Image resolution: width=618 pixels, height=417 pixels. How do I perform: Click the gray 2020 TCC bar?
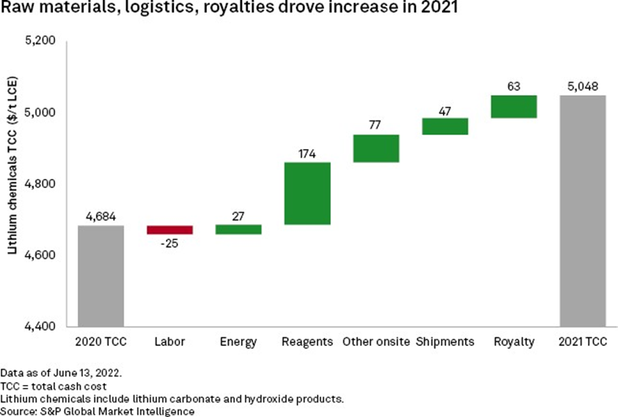point(101,276)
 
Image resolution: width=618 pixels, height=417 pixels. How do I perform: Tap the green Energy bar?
point(238,229)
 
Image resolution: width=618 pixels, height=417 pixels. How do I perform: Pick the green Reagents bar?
point(307,194)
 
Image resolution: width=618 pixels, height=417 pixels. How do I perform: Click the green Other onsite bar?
point(376,148)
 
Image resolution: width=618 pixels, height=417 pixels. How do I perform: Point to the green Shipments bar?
point(445,126)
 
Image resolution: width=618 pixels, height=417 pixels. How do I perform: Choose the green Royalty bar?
point(514,107)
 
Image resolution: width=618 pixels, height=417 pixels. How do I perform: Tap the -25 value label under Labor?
point(170,244)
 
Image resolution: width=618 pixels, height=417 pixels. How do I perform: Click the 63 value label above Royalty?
point(514,86)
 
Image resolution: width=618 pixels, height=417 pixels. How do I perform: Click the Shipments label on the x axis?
point(445,342)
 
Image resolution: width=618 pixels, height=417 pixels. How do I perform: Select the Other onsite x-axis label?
point(376,342)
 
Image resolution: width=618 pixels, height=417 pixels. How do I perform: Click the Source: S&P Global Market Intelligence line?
point(97,411)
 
